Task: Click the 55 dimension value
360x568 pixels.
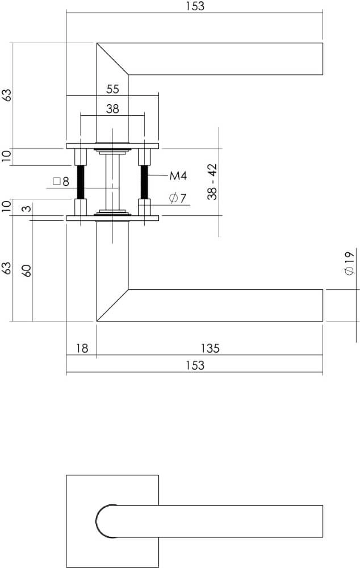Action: coord(112,89)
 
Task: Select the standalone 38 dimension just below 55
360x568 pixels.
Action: coord(112,109)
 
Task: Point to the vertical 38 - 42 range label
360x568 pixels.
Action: coord(212,182)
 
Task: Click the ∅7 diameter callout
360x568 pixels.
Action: coord(178,198)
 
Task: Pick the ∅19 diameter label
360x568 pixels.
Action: coord(349,264)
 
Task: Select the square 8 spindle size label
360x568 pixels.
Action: coord(60,182)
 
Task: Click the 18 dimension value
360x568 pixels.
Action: coord(82,348)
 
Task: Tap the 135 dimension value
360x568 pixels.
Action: coord(210,348)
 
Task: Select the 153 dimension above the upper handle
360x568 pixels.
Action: coord(194,6)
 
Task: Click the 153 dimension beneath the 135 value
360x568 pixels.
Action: coord(194,365)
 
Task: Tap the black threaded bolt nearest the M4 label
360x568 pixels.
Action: coord(144,182)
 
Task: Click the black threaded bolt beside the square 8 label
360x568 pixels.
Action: coord(81,182)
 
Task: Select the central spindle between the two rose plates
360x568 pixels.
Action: coord(112,182)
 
